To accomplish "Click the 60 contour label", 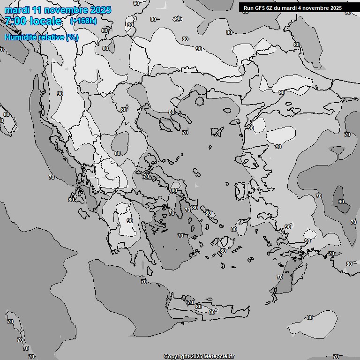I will pyautogui.click(x=341, y=202).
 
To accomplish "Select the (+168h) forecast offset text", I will pyautogui.click(x=83, y=21).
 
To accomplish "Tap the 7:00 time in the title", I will pyautogui.click(x=15, y=21).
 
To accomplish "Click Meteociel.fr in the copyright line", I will pyautogui.click(x=218, y=357).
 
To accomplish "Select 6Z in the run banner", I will pyautogui.click(x=272, y=8).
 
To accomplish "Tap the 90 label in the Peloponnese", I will pyautogui.click(x=130, y=221).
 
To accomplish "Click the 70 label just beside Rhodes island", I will pyautogui.click(x=280, y=277).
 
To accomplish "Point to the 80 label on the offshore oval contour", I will pyautogui.click(x=310, y=317).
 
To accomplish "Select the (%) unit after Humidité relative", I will pyautogui.click(x=72, y=37).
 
